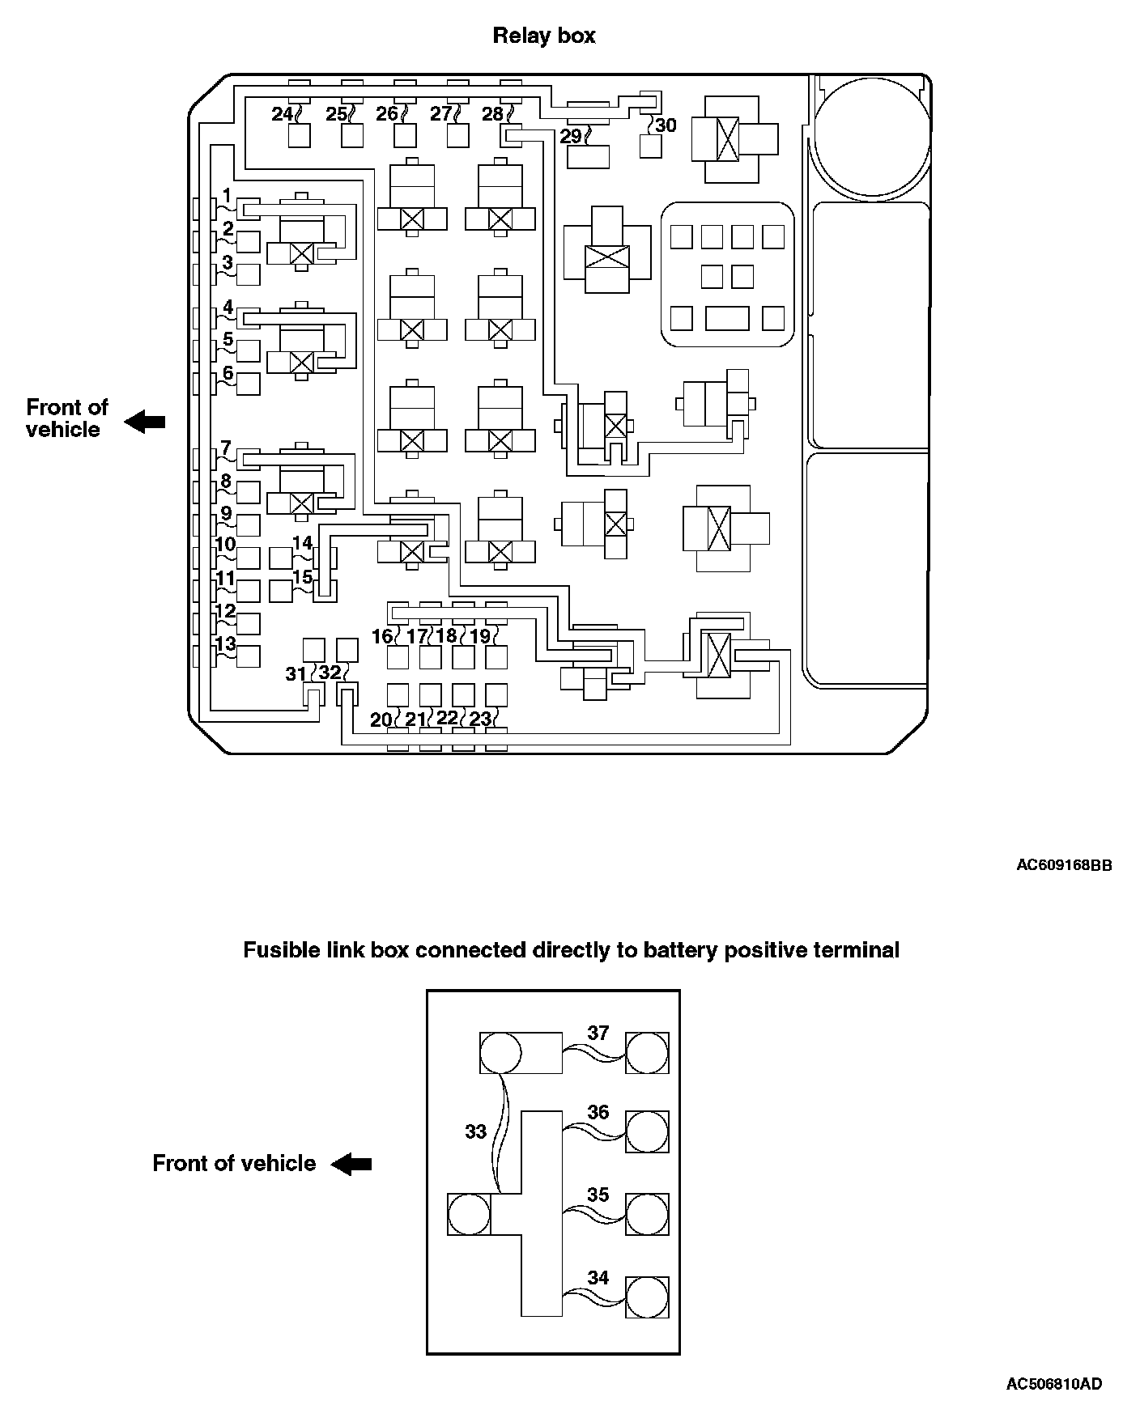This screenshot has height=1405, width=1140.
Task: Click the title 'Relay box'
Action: [543, 36]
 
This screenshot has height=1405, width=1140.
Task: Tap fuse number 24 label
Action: [281, 114]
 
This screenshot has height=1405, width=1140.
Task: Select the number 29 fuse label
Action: [571, 136]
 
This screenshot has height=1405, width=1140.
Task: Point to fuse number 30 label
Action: [666, 125]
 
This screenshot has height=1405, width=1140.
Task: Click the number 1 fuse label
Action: [228, 196]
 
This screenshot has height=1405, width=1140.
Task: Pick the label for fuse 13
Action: [226, 643]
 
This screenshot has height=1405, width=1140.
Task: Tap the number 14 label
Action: [302, 542]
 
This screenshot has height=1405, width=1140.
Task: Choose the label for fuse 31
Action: [296, 673]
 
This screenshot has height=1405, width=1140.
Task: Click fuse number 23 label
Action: [480, 719]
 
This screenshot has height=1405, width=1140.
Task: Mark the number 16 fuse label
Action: [382, 637]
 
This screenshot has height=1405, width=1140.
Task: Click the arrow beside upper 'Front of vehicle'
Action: [145, 422]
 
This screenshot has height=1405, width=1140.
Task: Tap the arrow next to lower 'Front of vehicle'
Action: [351, 1164]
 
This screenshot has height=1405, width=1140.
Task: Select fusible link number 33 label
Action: [475, 1131]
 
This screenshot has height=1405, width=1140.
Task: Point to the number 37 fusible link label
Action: [598, 1033]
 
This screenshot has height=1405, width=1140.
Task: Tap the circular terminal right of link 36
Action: [648, 1131]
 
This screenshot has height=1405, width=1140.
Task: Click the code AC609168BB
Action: [1064, 865]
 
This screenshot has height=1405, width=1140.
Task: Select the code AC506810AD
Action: [1054, 1384]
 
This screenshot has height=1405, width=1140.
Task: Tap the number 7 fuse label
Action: [226, 448]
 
